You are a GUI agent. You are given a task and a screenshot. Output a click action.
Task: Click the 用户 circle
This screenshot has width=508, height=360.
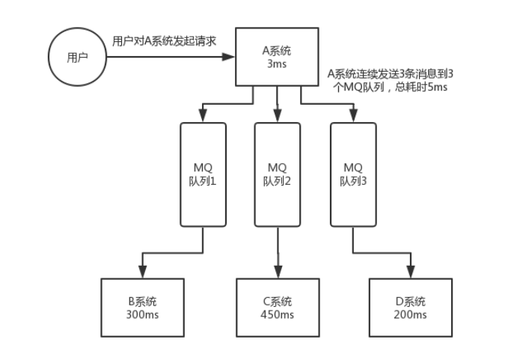[x=78, y=58]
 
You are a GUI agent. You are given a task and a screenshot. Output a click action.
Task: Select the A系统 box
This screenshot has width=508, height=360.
[x=278, y=57]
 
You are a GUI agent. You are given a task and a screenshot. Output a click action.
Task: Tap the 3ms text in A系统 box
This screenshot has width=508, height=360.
[x=278, y=64]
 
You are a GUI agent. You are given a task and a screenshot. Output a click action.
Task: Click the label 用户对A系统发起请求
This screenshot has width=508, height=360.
[x=164, y=41]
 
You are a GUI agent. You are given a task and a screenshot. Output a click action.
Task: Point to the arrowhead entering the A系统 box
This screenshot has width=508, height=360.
[x=232, y=57]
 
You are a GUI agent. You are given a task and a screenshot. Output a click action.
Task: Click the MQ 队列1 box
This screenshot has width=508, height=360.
[x=203, y=174]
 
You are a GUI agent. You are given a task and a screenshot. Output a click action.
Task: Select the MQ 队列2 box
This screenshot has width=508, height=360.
[x=278, y=174]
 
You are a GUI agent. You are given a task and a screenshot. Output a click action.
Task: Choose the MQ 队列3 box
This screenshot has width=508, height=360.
[x=352, y=174]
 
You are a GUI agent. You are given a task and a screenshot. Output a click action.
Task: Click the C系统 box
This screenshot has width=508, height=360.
[x=278, y=308]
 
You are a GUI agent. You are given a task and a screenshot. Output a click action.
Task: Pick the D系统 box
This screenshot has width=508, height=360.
[x=410, y=308]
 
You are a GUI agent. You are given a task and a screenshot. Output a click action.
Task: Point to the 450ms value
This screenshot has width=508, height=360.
[x=278, y=314]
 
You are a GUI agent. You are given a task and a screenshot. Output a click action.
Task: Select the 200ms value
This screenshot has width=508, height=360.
[x=410, y=314]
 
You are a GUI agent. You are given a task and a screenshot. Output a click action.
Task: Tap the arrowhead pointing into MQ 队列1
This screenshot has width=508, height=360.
[x=203, y=115]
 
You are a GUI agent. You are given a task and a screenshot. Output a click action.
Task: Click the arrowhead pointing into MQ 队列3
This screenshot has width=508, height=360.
[x=352, y=115]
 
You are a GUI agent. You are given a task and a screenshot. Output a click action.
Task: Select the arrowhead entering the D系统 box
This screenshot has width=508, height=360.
[x=410, y=272]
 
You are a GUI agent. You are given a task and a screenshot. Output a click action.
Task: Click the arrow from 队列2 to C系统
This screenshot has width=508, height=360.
[x=278, y=251]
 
